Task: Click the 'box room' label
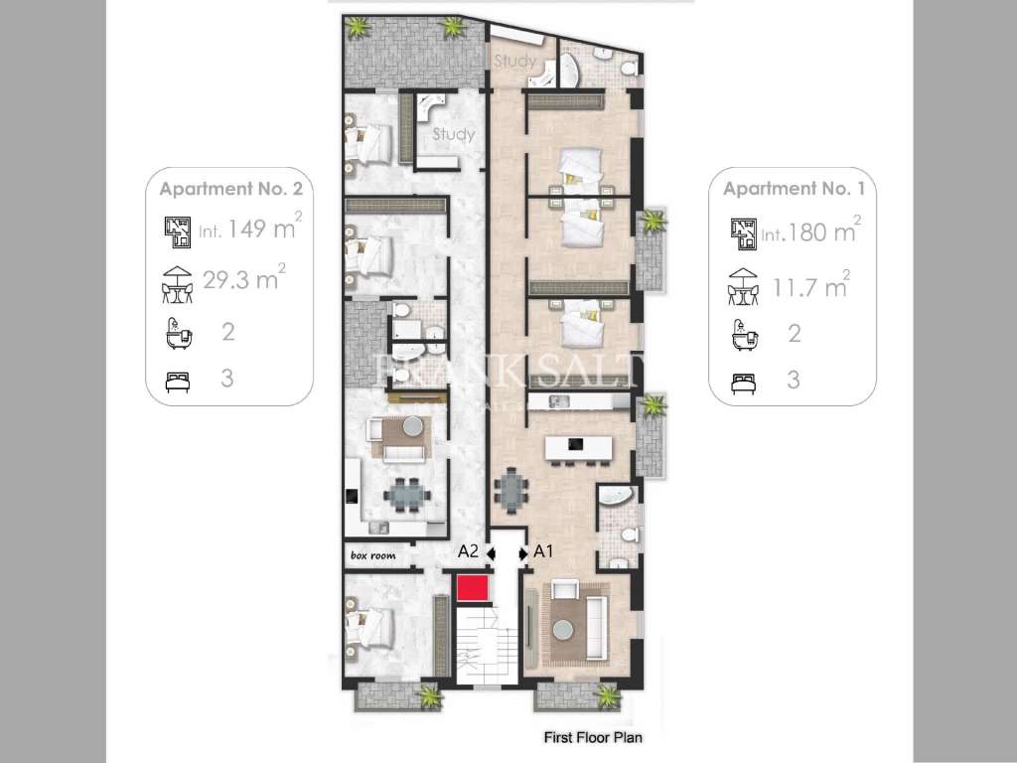372,556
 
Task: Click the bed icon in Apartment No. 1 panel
741,380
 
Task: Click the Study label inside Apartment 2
453,134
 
